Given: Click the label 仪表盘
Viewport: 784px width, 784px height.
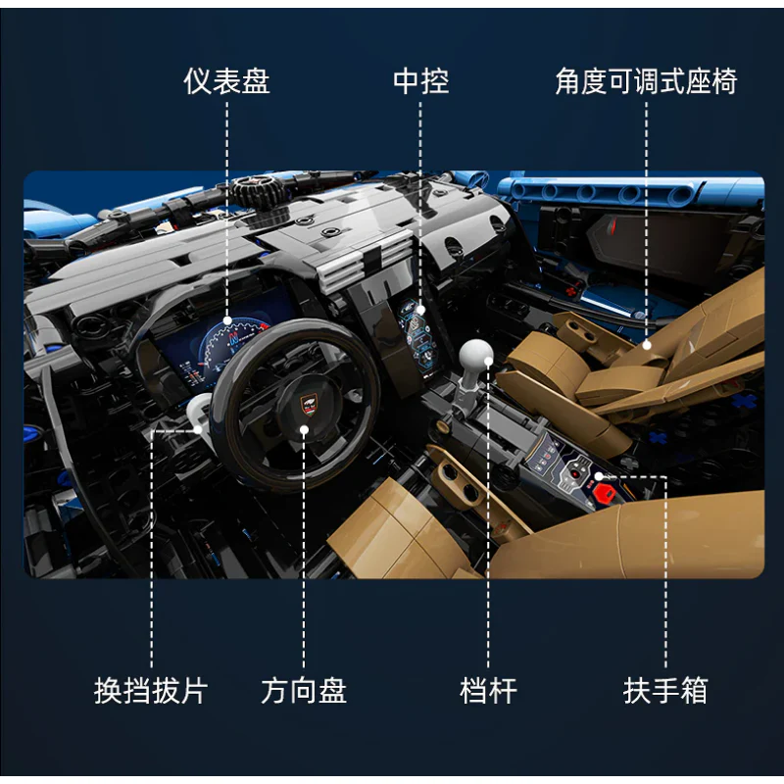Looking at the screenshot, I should coord(226,81).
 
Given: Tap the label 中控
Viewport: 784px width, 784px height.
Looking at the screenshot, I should coord(421,81).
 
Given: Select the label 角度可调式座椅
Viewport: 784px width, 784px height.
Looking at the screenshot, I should coord(646,81).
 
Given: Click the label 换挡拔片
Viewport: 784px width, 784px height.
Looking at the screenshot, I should coord(151,691).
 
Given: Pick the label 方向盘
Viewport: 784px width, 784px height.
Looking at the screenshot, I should coord(304,691).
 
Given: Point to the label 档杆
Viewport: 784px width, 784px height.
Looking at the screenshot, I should coord(488,691).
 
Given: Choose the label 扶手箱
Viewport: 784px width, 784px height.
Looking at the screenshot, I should coord(665,691).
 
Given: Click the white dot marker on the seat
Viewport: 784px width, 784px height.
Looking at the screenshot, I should coord(647,344).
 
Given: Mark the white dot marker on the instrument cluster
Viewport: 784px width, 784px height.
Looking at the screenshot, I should coord(227,319).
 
